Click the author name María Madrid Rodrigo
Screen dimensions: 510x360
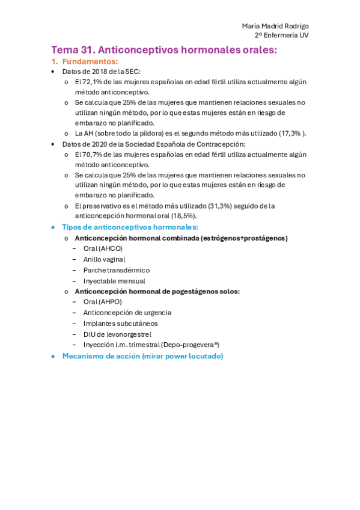tap(275, 26)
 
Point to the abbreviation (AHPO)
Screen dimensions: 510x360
tap(110, 302)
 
